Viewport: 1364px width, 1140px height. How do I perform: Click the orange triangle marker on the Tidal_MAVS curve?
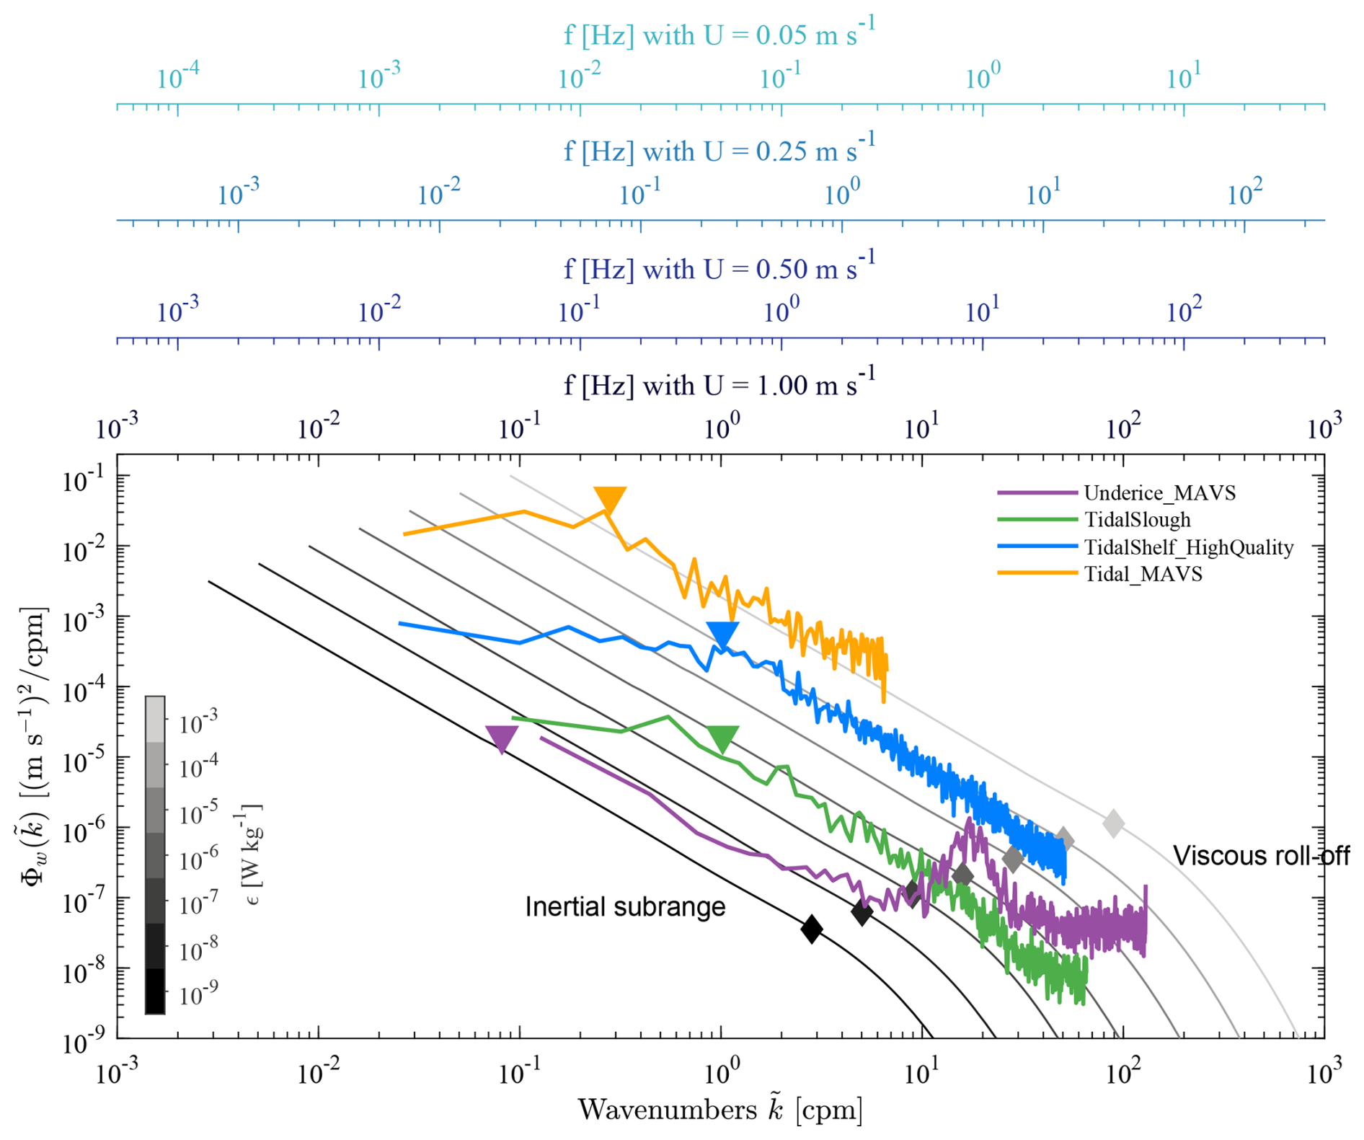tap(610, 499)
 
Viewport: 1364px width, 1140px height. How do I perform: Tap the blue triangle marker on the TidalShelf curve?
tap(722, 634)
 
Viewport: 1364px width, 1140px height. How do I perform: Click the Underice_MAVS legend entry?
tap(1159, 493)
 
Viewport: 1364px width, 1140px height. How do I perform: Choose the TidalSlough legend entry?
tap(1137, 520)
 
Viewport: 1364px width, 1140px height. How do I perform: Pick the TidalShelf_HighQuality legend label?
tap(1189, 547)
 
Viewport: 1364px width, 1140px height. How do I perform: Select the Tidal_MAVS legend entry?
tap(1143, 575)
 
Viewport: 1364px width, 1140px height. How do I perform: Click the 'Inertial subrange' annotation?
tap(625, 906)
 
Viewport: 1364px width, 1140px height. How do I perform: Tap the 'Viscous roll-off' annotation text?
tap(1261, 855)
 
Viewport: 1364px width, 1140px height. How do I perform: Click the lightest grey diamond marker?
tap(1114, 823)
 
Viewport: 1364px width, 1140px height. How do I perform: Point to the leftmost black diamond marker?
tap(812, 928)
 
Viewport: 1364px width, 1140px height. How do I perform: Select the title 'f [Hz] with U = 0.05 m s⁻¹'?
tap(719, 34)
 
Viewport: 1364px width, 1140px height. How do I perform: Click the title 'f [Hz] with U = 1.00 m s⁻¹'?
tap(719, 384)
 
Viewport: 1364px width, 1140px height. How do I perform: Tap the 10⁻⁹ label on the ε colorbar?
tap(198, 995)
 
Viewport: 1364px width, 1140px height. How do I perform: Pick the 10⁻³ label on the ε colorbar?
tap(198, 722)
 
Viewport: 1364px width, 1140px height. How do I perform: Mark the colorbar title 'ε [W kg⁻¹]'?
tap(249, 854)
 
